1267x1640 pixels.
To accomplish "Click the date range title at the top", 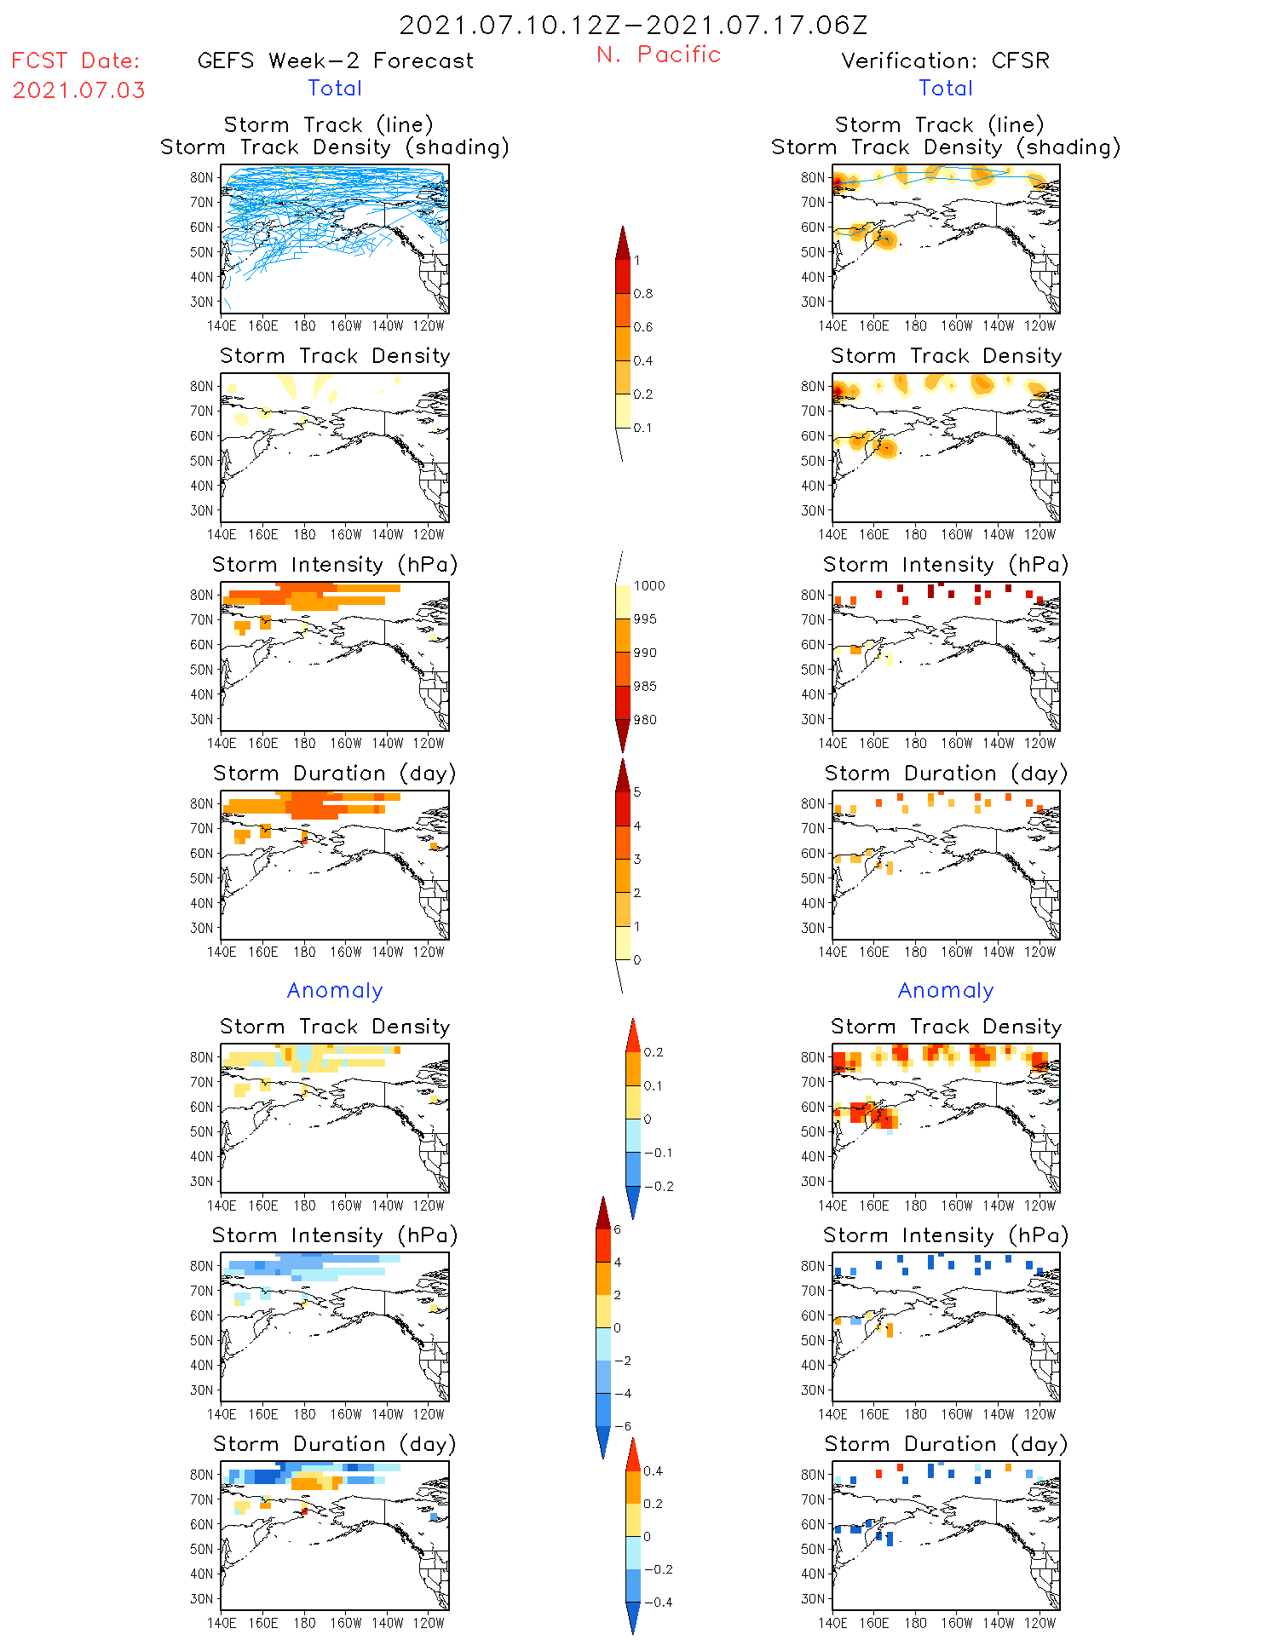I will [633, 26].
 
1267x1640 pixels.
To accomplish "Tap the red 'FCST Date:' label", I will [76, 61].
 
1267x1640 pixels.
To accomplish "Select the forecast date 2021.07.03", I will [79, 90].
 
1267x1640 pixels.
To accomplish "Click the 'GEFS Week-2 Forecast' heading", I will [335, 61].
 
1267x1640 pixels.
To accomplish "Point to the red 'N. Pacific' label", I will [659, 55].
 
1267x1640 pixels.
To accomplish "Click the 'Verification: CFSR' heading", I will [945, 61].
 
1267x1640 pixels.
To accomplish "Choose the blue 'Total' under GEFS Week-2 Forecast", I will [335, 89].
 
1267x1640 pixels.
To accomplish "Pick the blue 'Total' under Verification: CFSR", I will [946, 89].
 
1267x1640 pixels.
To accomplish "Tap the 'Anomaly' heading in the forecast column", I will [335, 991].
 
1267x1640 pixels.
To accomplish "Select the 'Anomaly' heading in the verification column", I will [946, 991].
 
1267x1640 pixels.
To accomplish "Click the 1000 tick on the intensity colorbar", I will [648, 586].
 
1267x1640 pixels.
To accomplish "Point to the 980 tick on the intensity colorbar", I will [645, 720].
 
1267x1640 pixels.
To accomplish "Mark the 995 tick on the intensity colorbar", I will [645, 619].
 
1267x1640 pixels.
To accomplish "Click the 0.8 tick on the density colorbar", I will [643, 294].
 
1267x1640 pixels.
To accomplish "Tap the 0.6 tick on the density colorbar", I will [643, 327].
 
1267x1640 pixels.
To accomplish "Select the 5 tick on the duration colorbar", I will [637, 792].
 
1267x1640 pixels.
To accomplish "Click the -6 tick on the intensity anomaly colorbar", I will [623, 1426].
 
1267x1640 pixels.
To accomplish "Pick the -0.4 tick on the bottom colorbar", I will [657, 1602].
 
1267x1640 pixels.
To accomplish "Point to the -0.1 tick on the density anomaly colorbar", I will [657, 1153].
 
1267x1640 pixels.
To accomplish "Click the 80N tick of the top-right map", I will [813, 178].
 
